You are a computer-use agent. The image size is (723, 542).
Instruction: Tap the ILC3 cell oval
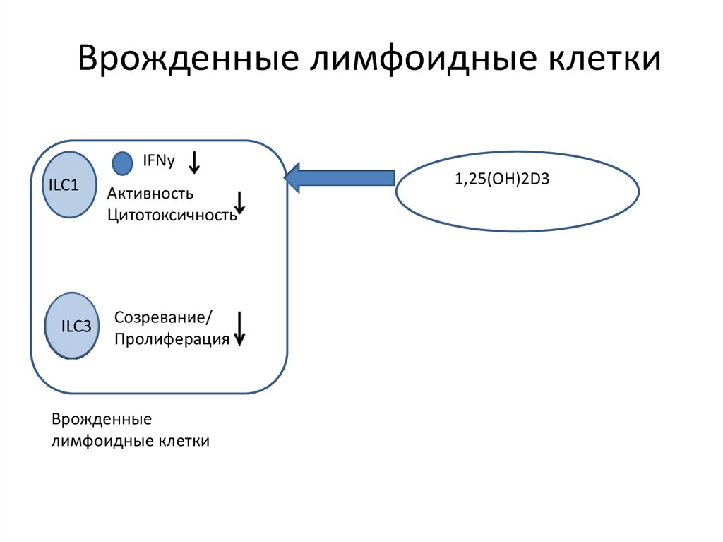(x=73, y=326)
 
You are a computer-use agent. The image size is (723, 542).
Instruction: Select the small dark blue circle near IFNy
(x=123, y=164)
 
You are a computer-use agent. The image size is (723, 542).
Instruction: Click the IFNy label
(x=159, y=162)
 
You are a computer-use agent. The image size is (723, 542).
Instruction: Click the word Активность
(x=150, y=194)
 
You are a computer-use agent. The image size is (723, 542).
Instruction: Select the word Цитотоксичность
(x=172, y=215)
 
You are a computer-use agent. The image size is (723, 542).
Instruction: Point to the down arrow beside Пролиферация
(x=240, y=329)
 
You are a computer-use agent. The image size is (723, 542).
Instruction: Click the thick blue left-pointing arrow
(x=338, y=178)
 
